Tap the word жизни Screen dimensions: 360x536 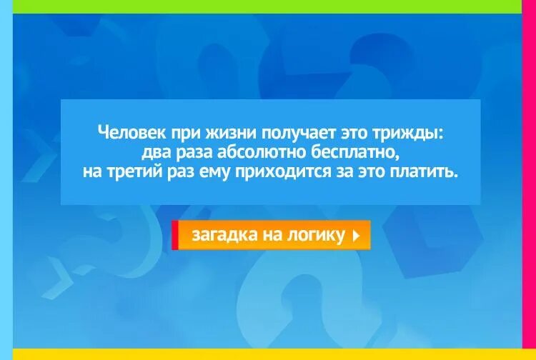[x=229, y=133]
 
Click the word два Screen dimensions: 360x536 [x=156, y=153]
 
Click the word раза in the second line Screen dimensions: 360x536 [x=194, y=153]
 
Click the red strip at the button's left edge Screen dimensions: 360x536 [x=174, y=235]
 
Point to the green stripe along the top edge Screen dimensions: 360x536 [x=268, y=6]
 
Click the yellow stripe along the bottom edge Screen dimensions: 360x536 [x=268, y=354]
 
